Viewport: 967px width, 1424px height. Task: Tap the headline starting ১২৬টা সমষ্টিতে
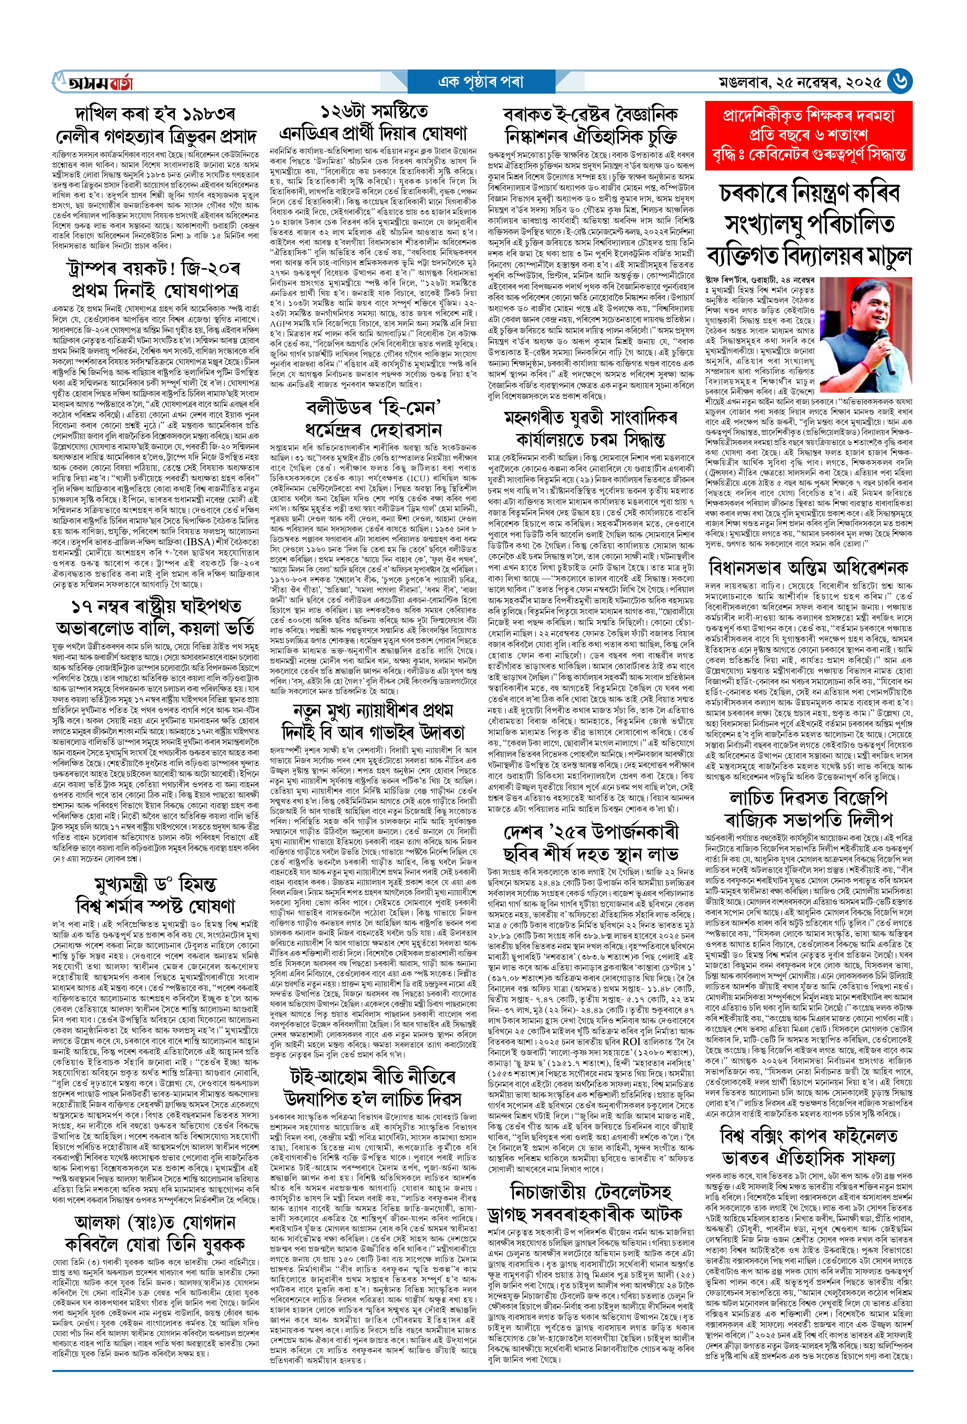pos(374,123)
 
